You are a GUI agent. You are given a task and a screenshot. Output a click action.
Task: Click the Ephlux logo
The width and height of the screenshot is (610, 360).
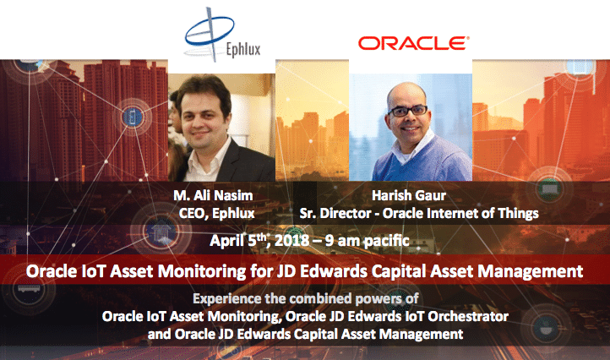click(x=221, y=35)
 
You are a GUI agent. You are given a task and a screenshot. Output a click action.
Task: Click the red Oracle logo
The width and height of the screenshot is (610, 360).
click(x=413, y=43)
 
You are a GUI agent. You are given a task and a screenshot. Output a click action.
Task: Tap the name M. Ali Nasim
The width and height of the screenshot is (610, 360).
click(x=213, y=195)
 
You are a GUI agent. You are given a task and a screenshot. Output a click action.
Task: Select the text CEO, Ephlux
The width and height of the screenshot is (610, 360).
click(x=216, y=213)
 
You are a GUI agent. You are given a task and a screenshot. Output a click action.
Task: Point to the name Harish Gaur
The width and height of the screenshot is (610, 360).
click(x=409, y=195)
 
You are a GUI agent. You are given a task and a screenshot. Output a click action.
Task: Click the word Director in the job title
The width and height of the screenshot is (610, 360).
click(x=346, y=213)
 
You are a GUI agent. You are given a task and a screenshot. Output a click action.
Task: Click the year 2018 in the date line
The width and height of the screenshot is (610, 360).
click(x=291, y=241)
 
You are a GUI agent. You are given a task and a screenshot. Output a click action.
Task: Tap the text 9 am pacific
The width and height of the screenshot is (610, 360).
click(x=368, y=241)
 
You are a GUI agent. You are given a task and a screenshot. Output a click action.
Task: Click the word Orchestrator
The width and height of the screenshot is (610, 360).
click(x=468, y=316)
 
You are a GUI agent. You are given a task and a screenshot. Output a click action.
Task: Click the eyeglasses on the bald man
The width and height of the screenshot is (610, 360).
click(x=408, y=111)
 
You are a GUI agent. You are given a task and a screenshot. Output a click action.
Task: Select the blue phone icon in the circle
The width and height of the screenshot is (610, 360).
click(x=133, y=117)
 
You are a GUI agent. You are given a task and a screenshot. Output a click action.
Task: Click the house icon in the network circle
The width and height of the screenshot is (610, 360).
click(x=161, y=232)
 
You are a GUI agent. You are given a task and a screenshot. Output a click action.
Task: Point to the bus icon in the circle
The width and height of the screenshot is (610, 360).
click(x=29, y=289)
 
